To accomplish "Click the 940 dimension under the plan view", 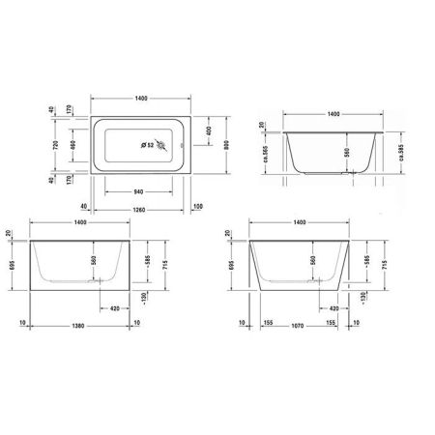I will (x=139, y=192).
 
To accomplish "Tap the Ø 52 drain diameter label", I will (x=148, y=145).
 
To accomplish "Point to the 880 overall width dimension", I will (x=223, y=146).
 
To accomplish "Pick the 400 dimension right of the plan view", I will (x=209, y=130).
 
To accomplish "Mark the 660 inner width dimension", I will (x=72, y=146).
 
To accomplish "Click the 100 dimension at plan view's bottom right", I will (x=197, y=208).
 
